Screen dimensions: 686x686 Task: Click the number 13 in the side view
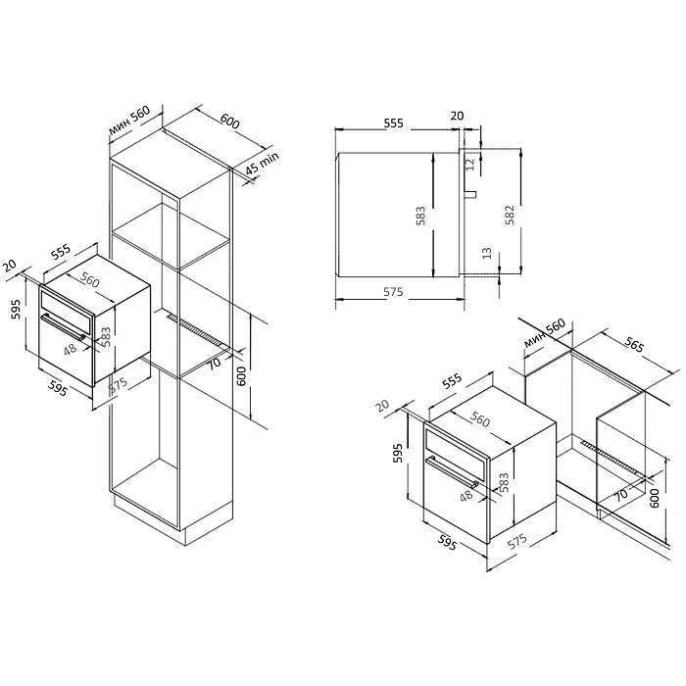[486, 253]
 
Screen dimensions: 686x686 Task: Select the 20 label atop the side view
[457, 116]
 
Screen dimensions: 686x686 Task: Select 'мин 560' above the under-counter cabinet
[545, 333]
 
